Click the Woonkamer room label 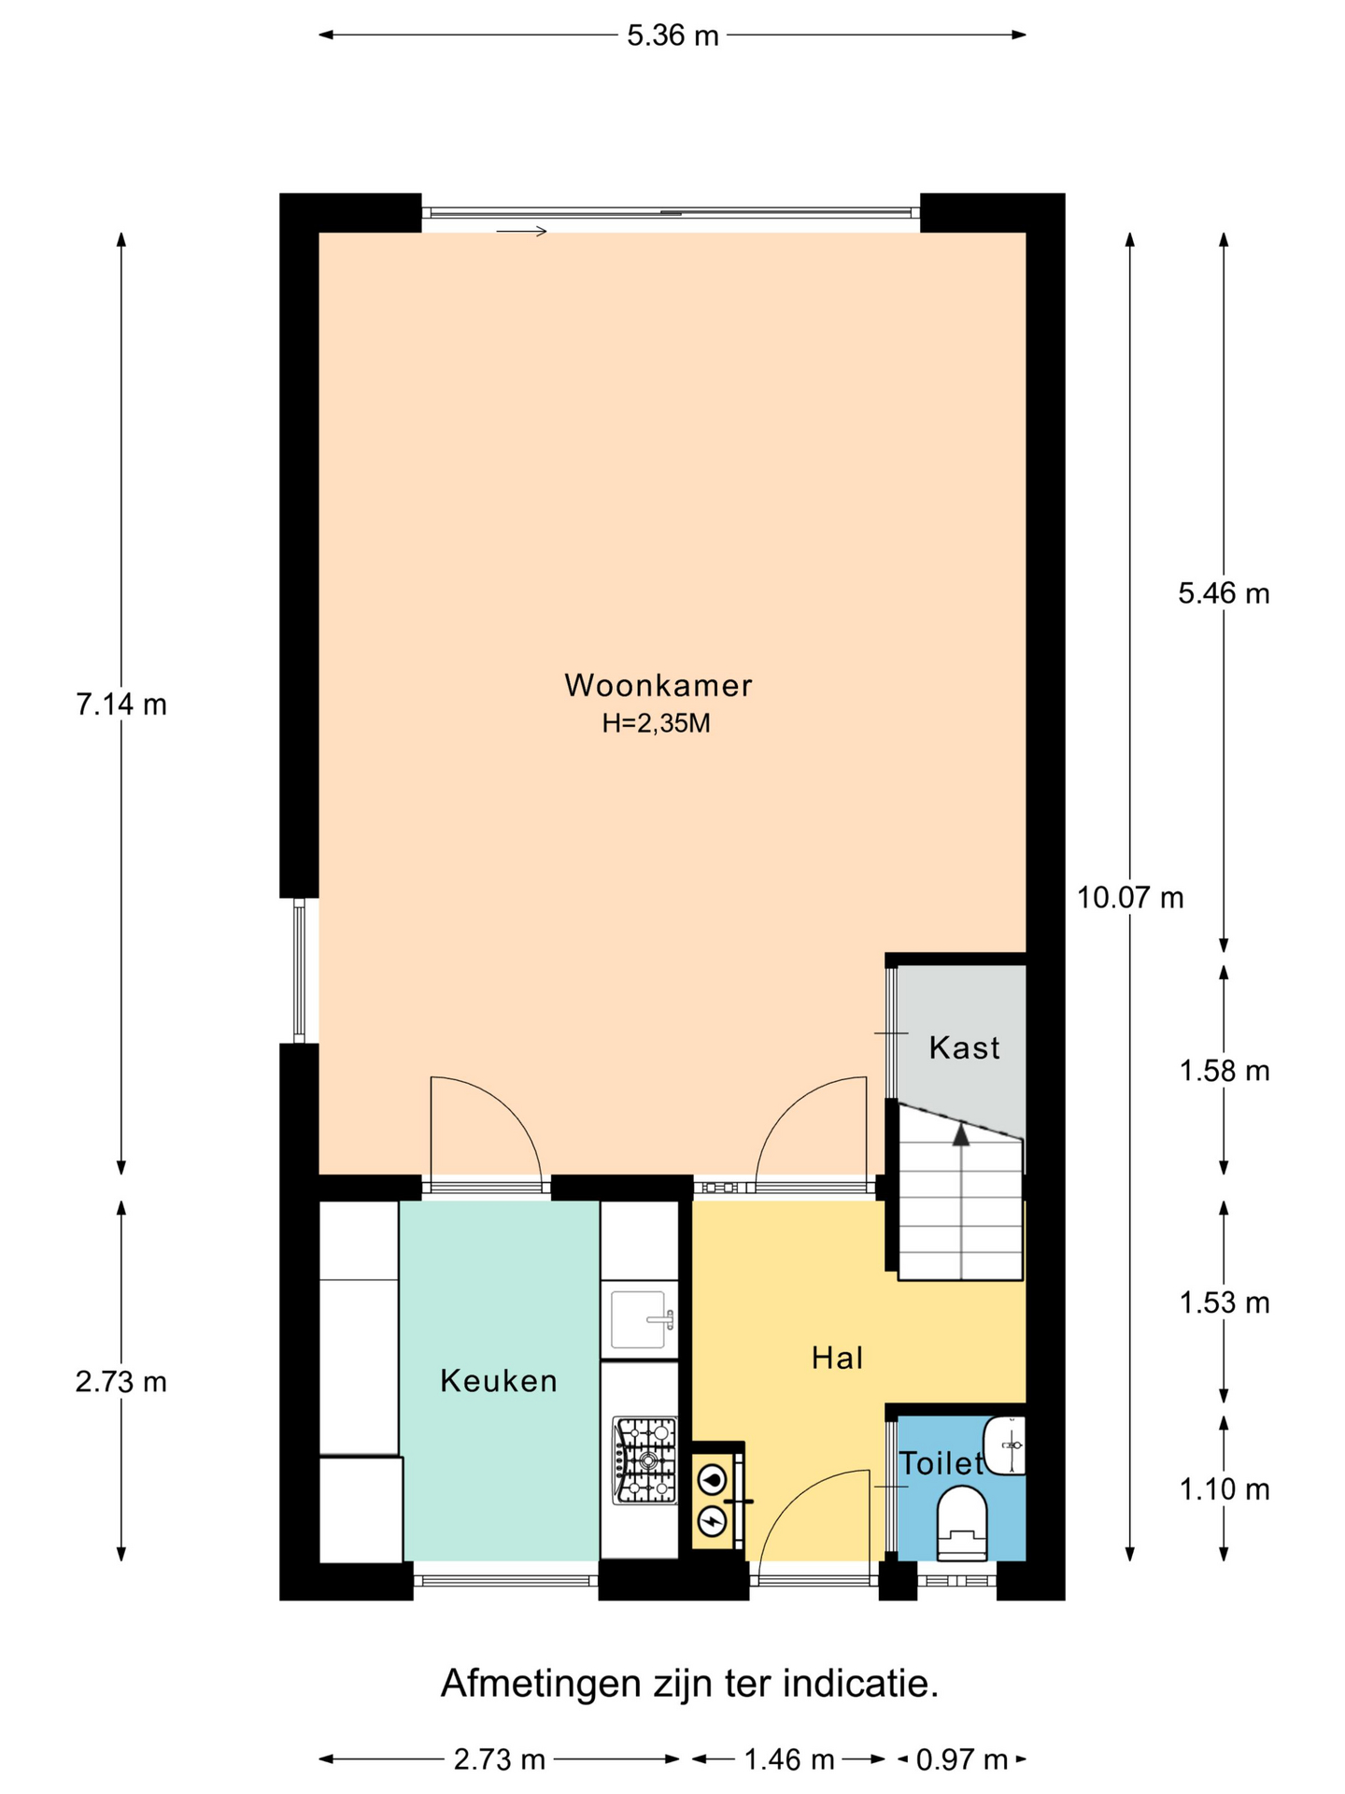tap(658, 685)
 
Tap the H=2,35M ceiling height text tap(657, 723)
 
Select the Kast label tap(964, 1047)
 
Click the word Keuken tap(499, 1380)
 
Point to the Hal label tap(837, 1358)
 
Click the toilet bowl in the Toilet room tap(962, 1524)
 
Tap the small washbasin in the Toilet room tap(1005, 1445)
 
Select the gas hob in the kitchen tap(644, 1460)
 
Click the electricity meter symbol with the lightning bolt tap(714, 1521)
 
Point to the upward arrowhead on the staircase tap(960, 1134)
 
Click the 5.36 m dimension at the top tap(672, 36)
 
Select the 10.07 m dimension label tap(1130, 898)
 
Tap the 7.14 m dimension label tap(121, 705)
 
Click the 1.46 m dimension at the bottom tap(788, 1760)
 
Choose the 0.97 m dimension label tap(962, 1760)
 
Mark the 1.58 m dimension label tap(1224, 1071)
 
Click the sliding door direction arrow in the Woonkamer tap(521, 231)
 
